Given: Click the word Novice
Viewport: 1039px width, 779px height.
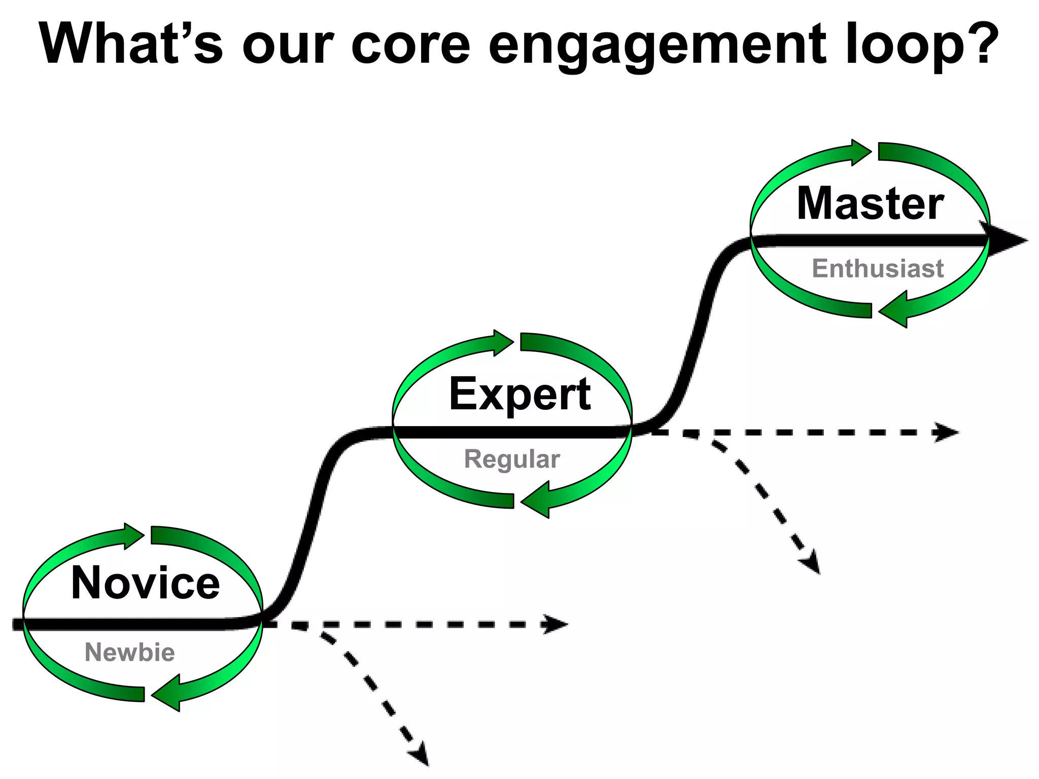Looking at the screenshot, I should (146, 583).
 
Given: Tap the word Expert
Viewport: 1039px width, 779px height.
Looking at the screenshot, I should (520, 395).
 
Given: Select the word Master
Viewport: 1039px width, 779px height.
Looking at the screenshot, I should (871, 204).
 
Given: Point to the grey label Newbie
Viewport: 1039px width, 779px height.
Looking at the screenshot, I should (130, 652).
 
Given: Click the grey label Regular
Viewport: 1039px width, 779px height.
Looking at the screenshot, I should (512, 459).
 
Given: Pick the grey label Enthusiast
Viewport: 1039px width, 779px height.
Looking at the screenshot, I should (878, 269).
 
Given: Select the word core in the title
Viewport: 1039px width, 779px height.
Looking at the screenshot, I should (411, 45).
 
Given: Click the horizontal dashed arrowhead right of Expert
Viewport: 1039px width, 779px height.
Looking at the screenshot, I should (947, 433).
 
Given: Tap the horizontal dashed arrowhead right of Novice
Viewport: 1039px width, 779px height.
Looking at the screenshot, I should (556, 624).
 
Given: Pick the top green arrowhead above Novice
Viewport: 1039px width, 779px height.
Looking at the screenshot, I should (134, 536).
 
